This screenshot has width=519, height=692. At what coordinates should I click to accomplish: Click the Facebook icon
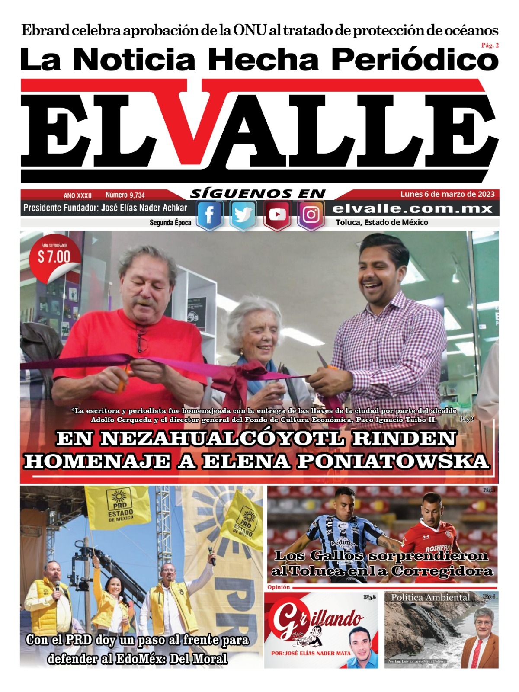tap(209, 215)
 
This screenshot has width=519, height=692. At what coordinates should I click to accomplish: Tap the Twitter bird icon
tap(243, 215)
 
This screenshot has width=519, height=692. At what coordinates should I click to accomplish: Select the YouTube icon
tap(277, 215)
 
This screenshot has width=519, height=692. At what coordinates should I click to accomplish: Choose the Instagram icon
tap(311, 215)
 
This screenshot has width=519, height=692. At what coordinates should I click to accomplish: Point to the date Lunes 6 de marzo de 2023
tap(447, 194)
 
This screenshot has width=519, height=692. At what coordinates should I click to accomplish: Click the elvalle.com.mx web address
tap(413, 209)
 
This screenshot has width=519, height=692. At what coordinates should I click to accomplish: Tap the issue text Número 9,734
tap(125, 195)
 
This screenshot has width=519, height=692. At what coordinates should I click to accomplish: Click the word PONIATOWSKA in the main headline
tap(393, 461)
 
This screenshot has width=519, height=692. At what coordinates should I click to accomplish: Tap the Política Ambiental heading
tap(430, 597)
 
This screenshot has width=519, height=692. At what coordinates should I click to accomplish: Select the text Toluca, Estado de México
tap(382, 222)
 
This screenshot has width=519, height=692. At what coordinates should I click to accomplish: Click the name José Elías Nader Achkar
tap(144, 208)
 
